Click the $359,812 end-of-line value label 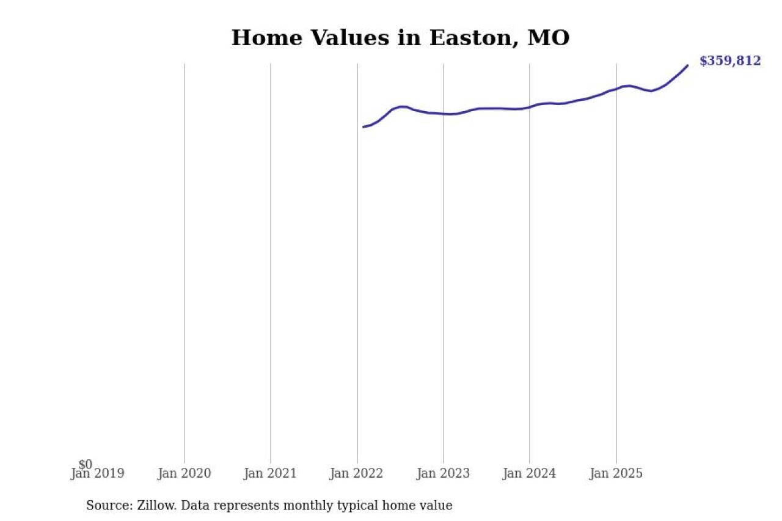pos(730,61)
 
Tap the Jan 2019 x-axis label pos(98,474)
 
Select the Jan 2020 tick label pos(184,474)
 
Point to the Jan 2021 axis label pos(270,474)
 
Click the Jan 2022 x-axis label pos(357,474)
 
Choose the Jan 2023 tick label pos(443,474)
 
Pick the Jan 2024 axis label pos(529,474)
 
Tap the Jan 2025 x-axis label pos(616,474)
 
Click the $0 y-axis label pos(85,465)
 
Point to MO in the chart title pos(549,38)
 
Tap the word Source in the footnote pos(106,506)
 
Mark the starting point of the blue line pos(363,127)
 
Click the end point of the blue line pos(688,65)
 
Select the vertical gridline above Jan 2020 pos(185,263)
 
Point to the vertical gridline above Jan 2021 pos(271,263)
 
